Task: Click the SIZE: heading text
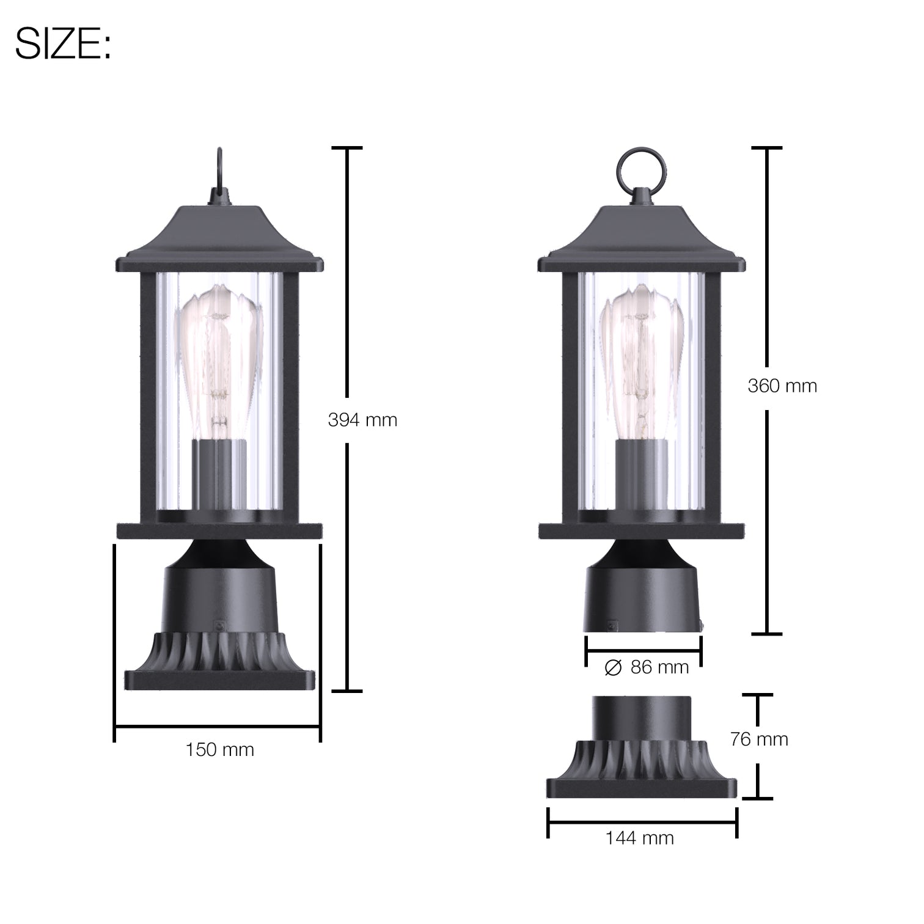coord(63,44)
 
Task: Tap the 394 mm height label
coord(362,420)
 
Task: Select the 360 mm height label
coord(782,386)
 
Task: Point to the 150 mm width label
coord(219,750)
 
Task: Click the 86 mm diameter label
coord(659,667)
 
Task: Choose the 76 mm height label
coord(759,739)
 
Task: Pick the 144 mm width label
coord(640,838)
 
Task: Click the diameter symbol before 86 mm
coord(613,668)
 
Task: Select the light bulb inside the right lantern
coord(640,361)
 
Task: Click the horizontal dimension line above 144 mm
coord(642,823)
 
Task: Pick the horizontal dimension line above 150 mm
coord(218,727)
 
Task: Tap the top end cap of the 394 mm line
coord(347,148)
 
